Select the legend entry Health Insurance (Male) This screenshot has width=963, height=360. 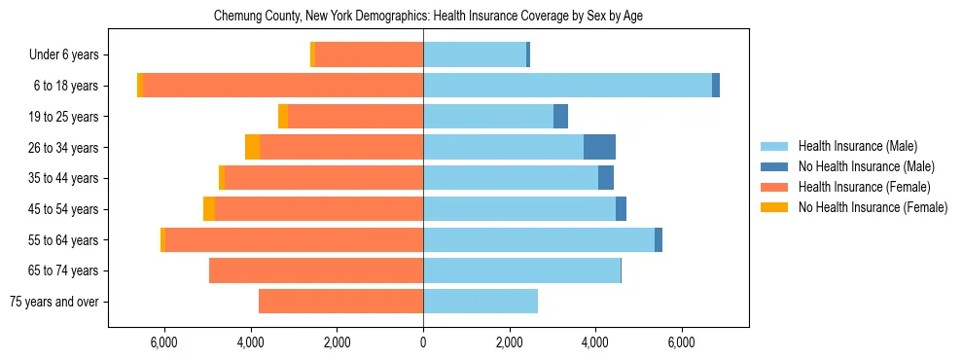coord(857,146)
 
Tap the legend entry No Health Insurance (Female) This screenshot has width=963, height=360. coord(873,207)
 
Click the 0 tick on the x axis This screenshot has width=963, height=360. coord(423,342)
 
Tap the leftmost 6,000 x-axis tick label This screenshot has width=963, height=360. coord(164,342)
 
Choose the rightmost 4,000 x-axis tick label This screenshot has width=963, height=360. coord(595,342)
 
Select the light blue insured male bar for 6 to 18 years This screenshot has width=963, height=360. coord(567,86)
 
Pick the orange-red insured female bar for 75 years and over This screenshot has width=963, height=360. coord(340,302)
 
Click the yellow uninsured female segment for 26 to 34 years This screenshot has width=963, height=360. coord(252,147)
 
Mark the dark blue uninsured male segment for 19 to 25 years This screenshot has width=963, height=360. coord(560,117)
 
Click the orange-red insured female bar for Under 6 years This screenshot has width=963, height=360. coord(369,55)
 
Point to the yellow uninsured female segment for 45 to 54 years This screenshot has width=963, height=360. coord(209,209)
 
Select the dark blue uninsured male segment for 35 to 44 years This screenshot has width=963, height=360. coord(606,178)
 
